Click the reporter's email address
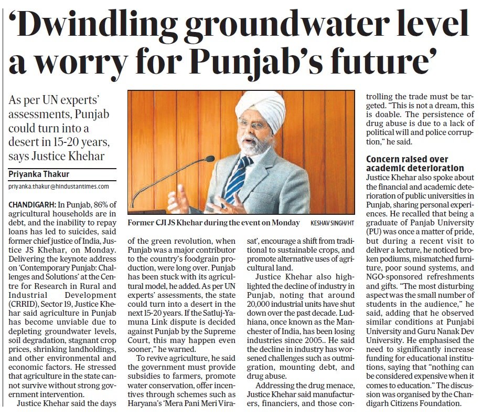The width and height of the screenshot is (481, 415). tap(59, 186)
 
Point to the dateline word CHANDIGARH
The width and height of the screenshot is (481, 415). tap(31, 204)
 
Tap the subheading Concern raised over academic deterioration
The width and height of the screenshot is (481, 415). tap(415, 163)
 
